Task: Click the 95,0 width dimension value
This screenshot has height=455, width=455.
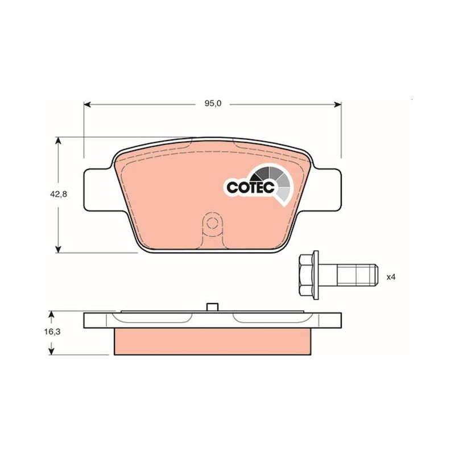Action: pyautogui.click(x=213, y=104)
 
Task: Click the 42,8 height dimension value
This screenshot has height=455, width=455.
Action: pyautogui.click(x=59, y=194)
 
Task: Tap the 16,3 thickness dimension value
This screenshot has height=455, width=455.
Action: pyautogui.click(x=52, y=332)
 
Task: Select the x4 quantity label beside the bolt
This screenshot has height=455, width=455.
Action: pyautogui.click(x=391, y=277)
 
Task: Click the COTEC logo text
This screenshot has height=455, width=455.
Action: pyautogui.click(x=251, y=188)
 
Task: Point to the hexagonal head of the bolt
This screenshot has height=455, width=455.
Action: pyautogui.click(x=307, y=275)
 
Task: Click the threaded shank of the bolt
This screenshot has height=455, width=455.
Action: pyautogui.click(x=358, y=275)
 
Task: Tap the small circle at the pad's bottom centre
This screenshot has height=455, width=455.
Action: pyautogui.click(x=213, y=224)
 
